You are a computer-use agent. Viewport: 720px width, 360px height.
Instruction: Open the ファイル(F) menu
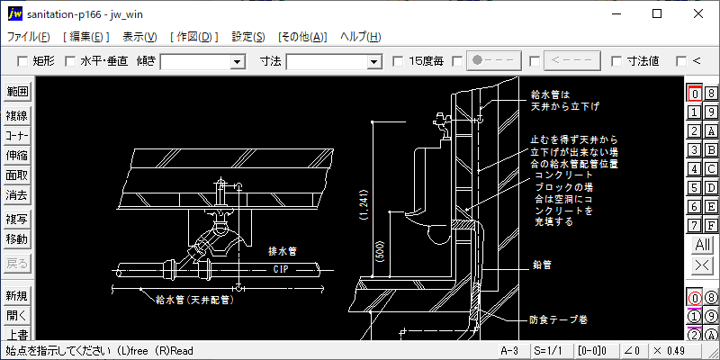click(x=29, y=37)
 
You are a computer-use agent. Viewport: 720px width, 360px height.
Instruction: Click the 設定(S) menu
click(x=248, y=37)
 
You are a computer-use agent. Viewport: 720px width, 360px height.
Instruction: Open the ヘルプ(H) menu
click(x=360, y=37)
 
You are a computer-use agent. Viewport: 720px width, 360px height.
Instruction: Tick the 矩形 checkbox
click(x=23, y=61)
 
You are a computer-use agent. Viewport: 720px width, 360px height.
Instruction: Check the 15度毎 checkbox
click(x=399, y=61)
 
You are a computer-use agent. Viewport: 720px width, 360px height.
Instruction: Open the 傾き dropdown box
click(x=238, y=61)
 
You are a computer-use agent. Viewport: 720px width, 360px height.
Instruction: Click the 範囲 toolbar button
click(x=17, y=91)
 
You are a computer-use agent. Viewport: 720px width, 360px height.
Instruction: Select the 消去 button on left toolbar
click(x=17, y=194)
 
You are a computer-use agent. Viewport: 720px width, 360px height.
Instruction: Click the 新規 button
click(x=17, y=296)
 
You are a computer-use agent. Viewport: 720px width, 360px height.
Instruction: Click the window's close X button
click(x=698, y=13)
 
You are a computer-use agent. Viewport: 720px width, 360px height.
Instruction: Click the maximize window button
click(x=657, y=13)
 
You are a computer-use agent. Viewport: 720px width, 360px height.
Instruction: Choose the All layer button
click(x=702, y=245)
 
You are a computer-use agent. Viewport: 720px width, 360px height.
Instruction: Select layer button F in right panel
click(x=710, y=225)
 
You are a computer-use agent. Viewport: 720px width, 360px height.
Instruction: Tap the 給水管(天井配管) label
click(x=193, y=299)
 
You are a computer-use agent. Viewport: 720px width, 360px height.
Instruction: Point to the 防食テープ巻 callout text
click(x=558, y=319)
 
